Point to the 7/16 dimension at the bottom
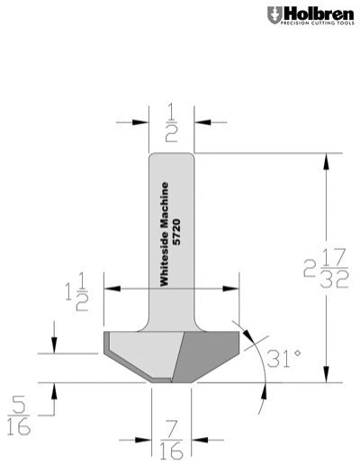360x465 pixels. click(x=171, y=439)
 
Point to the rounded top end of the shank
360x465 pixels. click(x=171, y=156)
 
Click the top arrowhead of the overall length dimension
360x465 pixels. click(x=328, y=158)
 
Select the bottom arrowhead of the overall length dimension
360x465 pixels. click(x=328, y=379)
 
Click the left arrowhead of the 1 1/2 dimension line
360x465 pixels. click(x=110, y=289)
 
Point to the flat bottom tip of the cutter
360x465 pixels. click(x=171, y=382)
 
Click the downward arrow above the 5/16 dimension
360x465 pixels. click(x=54, y=350)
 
